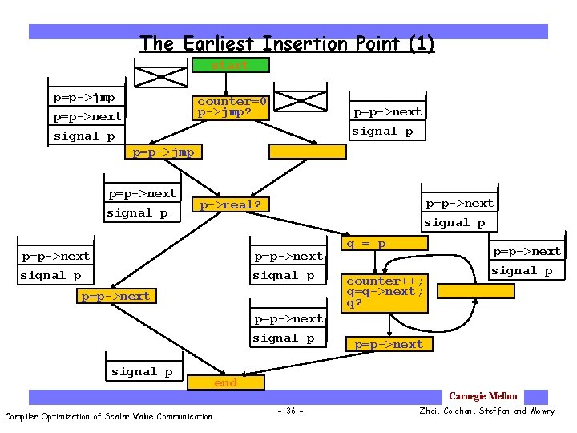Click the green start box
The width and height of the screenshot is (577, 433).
230,65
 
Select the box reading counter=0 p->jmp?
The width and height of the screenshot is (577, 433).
232,107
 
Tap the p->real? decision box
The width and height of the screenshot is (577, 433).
230,205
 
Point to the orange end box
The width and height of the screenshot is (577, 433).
226,383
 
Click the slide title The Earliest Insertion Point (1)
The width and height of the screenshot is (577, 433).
287,43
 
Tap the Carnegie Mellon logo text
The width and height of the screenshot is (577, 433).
483,396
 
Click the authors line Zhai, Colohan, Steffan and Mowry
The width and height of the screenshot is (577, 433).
486,411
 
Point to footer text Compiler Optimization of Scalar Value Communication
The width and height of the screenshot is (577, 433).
111,415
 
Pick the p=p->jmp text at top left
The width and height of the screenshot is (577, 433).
84,98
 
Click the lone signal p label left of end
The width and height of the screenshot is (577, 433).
142,371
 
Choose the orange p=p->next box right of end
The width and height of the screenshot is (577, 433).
389,344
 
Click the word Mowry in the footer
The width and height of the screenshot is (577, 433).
542,411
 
